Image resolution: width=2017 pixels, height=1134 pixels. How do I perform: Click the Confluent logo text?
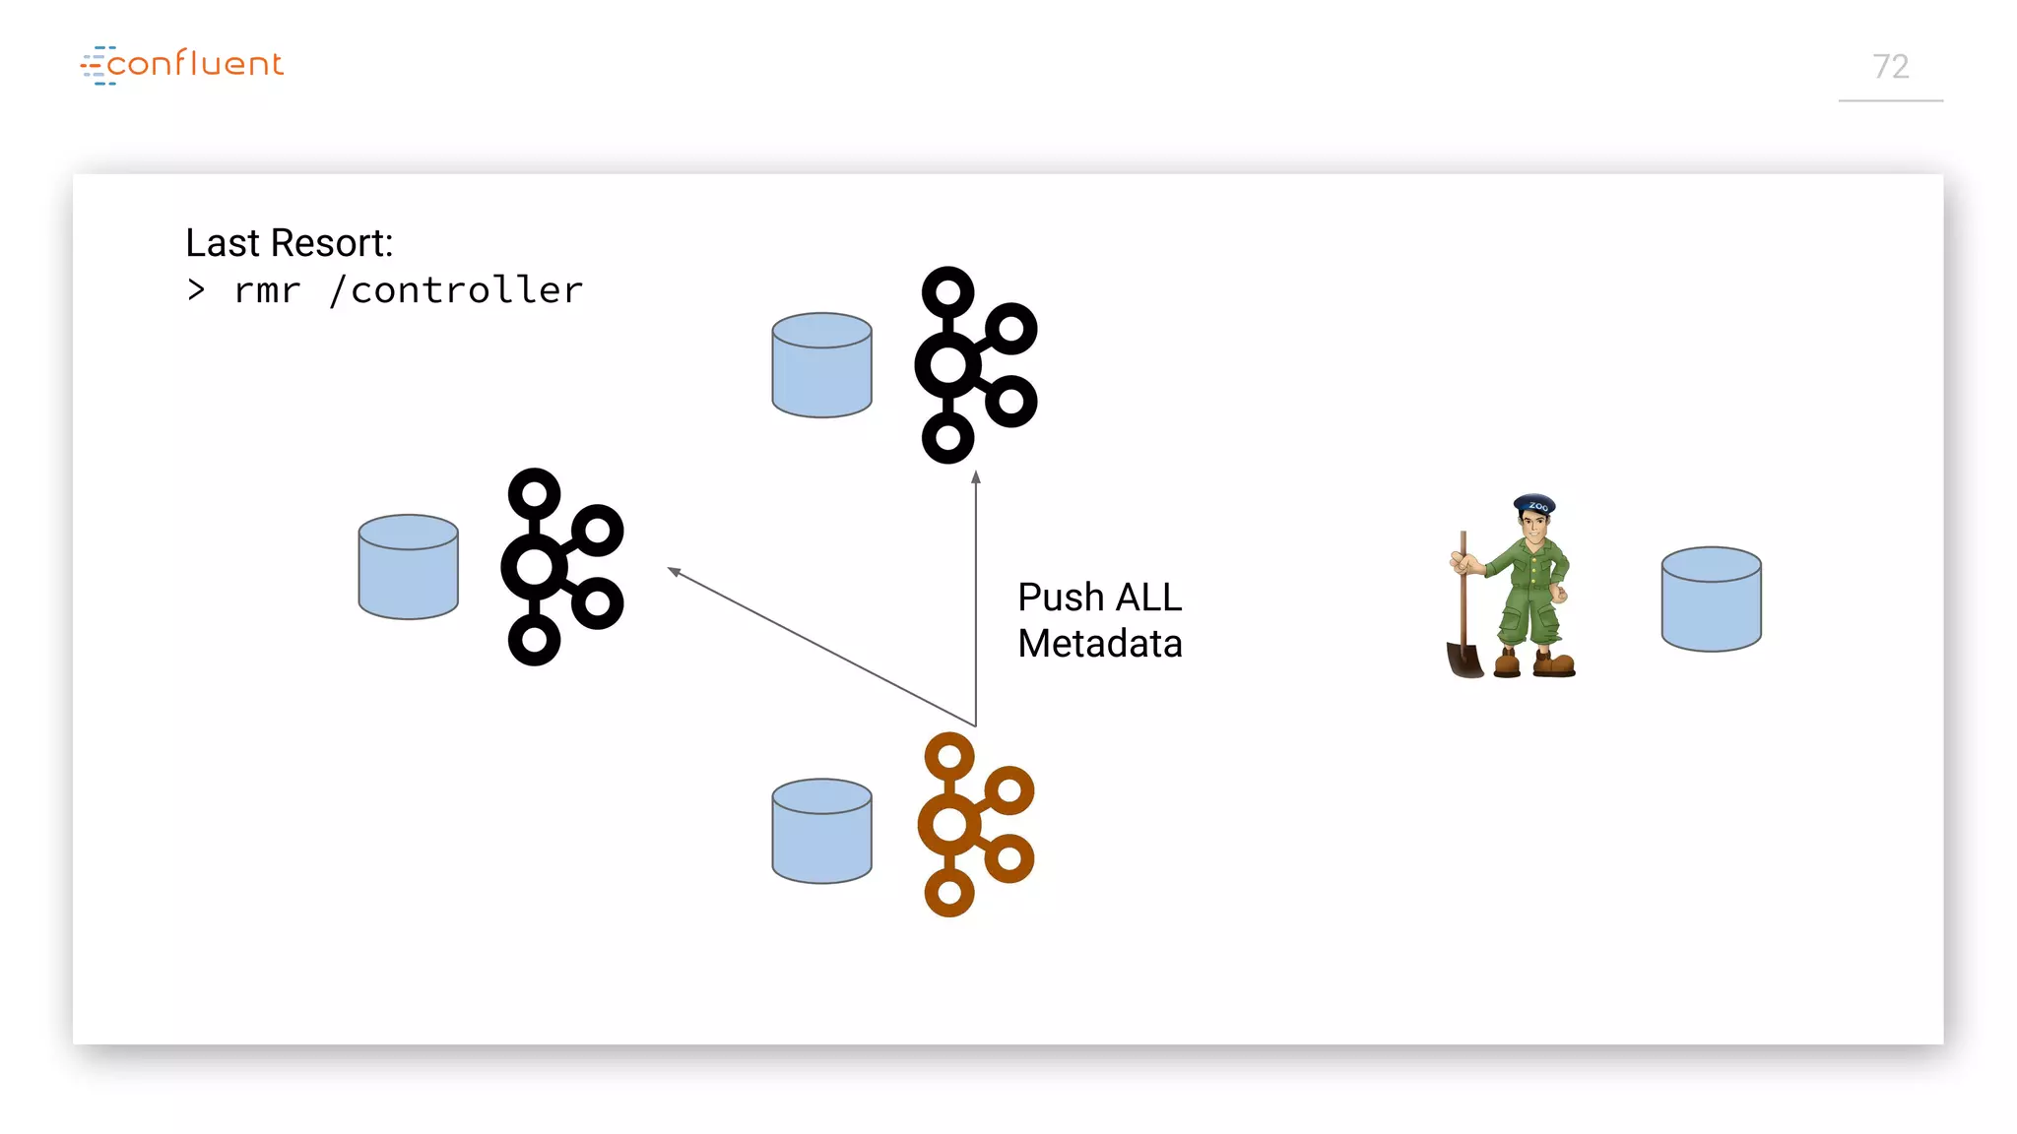point(194,64)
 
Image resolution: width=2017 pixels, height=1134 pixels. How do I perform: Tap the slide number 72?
point(1890,67)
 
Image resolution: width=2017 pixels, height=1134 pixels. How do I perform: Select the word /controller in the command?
point(457,290)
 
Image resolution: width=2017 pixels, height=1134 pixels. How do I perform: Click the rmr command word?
point(267,290)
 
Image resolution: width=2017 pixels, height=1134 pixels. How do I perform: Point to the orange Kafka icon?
point(974,824)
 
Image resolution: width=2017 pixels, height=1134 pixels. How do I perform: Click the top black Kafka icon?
point(974,365)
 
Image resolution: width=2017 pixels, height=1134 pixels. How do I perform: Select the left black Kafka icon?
point(560,567)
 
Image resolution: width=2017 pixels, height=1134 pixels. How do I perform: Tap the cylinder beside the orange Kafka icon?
point(821,832)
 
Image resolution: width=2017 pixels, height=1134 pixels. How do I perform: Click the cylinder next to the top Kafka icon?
point(821,365)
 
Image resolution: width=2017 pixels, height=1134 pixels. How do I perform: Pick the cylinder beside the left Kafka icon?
point(408,567)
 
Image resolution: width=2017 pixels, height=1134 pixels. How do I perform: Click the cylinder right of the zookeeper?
point(1711,599)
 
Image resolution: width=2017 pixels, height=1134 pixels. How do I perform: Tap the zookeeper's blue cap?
point(1534,504)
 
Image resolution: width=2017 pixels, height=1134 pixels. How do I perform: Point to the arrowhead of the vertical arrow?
point(976,477)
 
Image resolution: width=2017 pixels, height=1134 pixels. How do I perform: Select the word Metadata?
point(1099,644)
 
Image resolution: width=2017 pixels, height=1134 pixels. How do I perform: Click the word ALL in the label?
point(1147,598)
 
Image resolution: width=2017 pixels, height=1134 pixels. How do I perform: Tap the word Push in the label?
point(1061,598)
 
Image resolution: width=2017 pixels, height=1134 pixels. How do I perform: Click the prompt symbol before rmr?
point(196,290)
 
